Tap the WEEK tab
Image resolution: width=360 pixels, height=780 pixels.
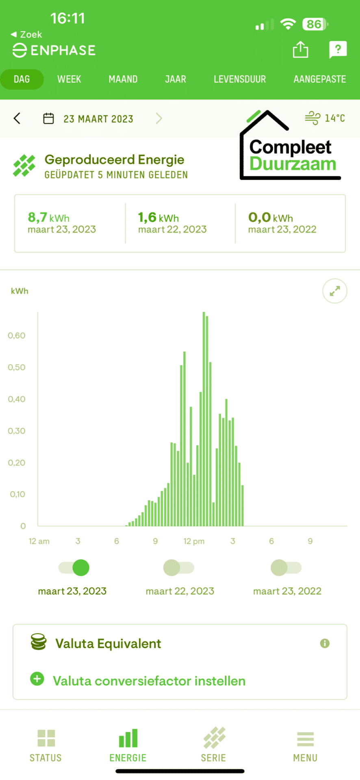coord(69,79)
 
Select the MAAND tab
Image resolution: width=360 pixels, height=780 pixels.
coord(123,79)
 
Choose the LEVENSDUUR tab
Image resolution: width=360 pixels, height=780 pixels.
coord(240,79)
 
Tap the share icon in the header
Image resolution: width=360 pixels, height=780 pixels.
coord(301,50)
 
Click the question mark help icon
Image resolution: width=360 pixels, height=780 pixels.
coord(338,50)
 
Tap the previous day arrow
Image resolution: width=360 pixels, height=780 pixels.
coord(17,118)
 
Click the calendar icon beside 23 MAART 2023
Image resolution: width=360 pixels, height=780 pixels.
coord(48,119)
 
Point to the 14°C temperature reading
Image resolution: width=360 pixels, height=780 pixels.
coord(335,118)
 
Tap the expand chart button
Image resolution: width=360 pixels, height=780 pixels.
coord(335,291)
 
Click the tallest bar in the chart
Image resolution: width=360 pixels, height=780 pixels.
coord(204,419)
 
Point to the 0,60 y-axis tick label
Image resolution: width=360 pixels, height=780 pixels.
coord(17,336)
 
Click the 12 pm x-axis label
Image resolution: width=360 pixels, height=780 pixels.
coord(194,541)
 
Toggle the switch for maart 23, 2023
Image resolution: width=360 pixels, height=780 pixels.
coord(74,568)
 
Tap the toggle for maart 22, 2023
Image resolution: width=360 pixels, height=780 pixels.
coord(179,568)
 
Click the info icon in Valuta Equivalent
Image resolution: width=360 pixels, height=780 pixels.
coord(325,643)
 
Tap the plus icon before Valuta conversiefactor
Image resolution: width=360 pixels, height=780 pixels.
coord(37,678)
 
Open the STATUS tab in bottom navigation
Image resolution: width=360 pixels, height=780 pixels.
coord(46,745)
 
